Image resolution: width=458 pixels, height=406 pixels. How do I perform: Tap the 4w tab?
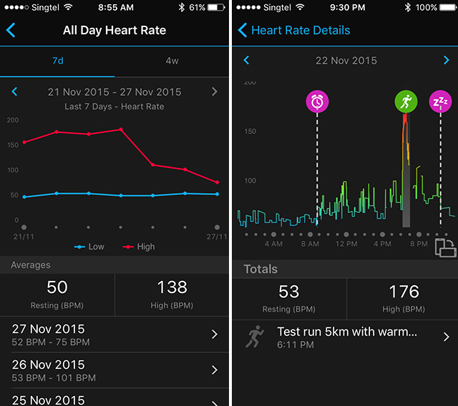172,61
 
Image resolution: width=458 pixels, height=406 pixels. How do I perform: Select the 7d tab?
57,61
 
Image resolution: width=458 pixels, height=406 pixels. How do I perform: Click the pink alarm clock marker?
317,101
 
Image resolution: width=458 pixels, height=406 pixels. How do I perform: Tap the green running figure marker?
406,101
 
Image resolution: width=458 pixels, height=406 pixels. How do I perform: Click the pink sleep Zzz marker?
439,101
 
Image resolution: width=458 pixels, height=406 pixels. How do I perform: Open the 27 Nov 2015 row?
114,335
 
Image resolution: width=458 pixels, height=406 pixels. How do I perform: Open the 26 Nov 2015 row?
114,370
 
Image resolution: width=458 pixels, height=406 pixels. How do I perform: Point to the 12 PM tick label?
346,244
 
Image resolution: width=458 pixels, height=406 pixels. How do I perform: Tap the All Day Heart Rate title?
114,31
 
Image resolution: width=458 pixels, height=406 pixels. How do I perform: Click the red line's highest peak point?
120,129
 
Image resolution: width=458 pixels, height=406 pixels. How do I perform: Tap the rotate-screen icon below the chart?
444,247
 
